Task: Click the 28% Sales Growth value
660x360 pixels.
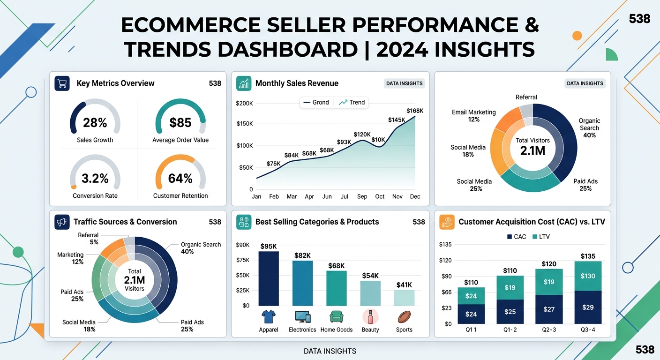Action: click(x=95, y=123)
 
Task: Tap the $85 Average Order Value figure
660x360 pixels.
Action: click(x=180, y=123)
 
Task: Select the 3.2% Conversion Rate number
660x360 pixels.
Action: click(x=95, y=179)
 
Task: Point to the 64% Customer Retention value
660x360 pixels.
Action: click(x=180, y=179)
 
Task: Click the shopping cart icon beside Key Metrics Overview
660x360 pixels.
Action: click(x=62, y=83)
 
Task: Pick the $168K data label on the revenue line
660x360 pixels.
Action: click(x=414, y=111)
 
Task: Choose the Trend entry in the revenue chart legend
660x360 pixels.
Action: click(x=352, y=102)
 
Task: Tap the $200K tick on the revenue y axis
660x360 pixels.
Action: click(x=244, y=103)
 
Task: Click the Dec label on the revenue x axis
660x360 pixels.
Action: click(x=415, y=197)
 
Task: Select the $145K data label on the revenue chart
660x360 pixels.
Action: click(x=397, y=120)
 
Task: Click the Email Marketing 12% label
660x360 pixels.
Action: click(x=473, y=116)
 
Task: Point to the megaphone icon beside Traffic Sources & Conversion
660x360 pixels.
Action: click(x=62, y=222)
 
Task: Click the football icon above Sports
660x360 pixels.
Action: click(x=404, y=317)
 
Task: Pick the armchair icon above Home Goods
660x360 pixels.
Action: click(x=336, y=317)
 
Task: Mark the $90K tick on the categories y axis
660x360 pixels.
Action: click(x=243, y=244)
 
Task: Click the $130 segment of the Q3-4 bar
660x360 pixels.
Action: click(x=588, y=276)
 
